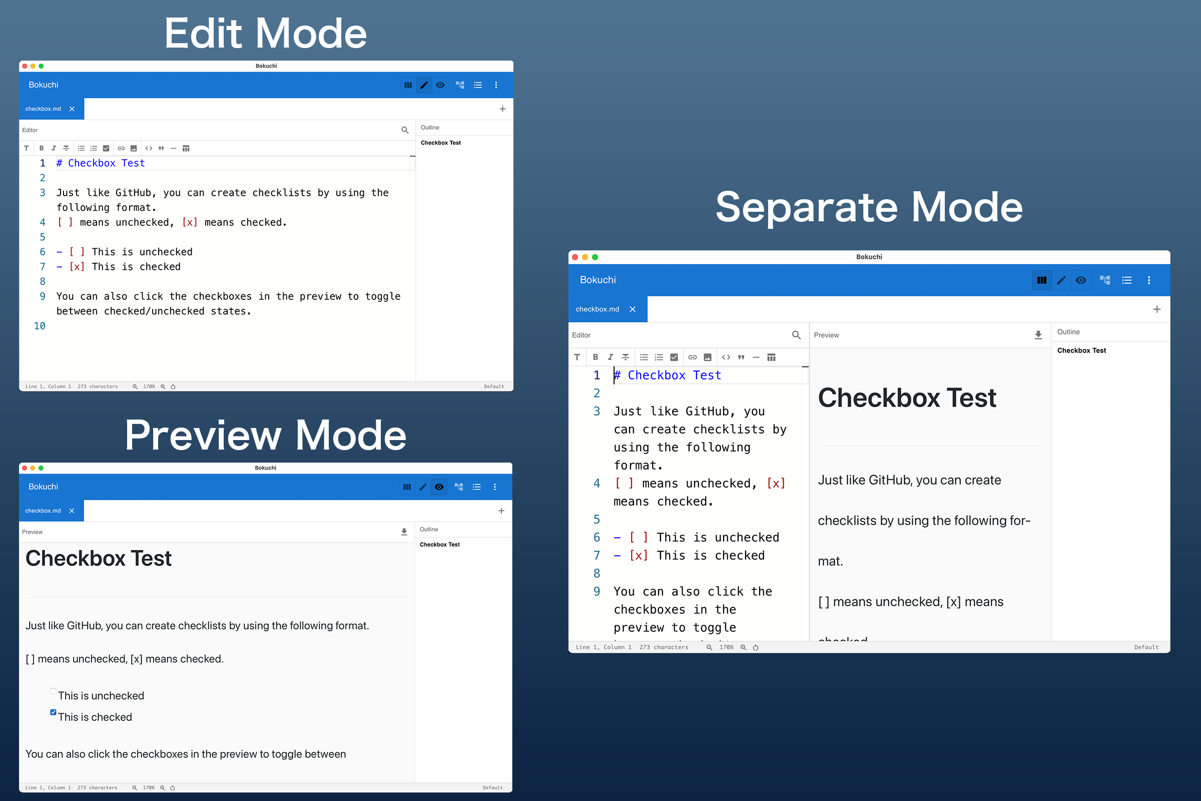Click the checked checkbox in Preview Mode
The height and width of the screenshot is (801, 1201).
click(x=53, y=712)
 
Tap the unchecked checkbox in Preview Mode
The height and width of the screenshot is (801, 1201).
click(x=53, y=691)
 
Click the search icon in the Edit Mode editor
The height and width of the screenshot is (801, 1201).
click(x=405, y=130)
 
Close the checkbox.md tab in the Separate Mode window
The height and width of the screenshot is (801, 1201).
click(x=633, y=309)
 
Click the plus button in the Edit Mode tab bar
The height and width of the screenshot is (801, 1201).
click(x=502, y=109)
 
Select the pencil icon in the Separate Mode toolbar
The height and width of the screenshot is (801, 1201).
click(x=1061, y=280)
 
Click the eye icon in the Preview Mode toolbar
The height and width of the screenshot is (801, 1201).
click(x=439, y=487)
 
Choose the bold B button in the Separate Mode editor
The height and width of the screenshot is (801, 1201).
click(x=595, y=357)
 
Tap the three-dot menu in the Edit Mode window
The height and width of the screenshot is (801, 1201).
click(x=496, y=85)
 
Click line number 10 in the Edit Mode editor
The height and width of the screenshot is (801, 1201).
click(x=40, y=326)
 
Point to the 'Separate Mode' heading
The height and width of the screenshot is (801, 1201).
click(x=869, y=207)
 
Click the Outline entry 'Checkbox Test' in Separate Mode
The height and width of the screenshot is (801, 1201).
click(x=1081, y=350)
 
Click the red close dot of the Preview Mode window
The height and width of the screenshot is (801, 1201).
click(x=25, y=468)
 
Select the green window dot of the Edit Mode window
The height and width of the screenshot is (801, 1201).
click(x=42, y=66)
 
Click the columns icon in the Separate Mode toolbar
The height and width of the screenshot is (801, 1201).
click(x=1042, y=280)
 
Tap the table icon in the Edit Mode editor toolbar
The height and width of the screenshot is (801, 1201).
click(x=186, y=149)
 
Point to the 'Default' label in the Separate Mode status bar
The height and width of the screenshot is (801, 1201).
click(x=1146, y=647)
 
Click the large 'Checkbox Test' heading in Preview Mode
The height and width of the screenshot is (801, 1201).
click(x=99, y=558)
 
